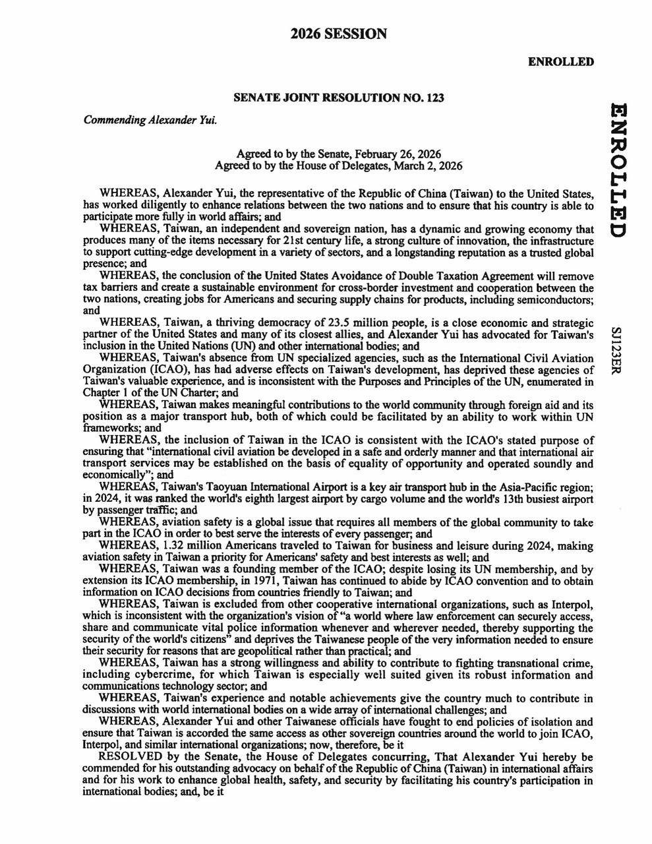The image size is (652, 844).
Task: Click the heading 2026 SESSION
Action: pos(339,34)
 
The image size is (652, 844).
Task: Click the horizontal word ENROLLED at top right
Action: pos(561,62)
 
